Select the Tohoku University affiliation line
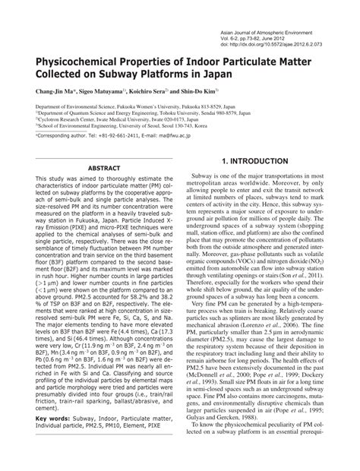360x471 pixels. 133,115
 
